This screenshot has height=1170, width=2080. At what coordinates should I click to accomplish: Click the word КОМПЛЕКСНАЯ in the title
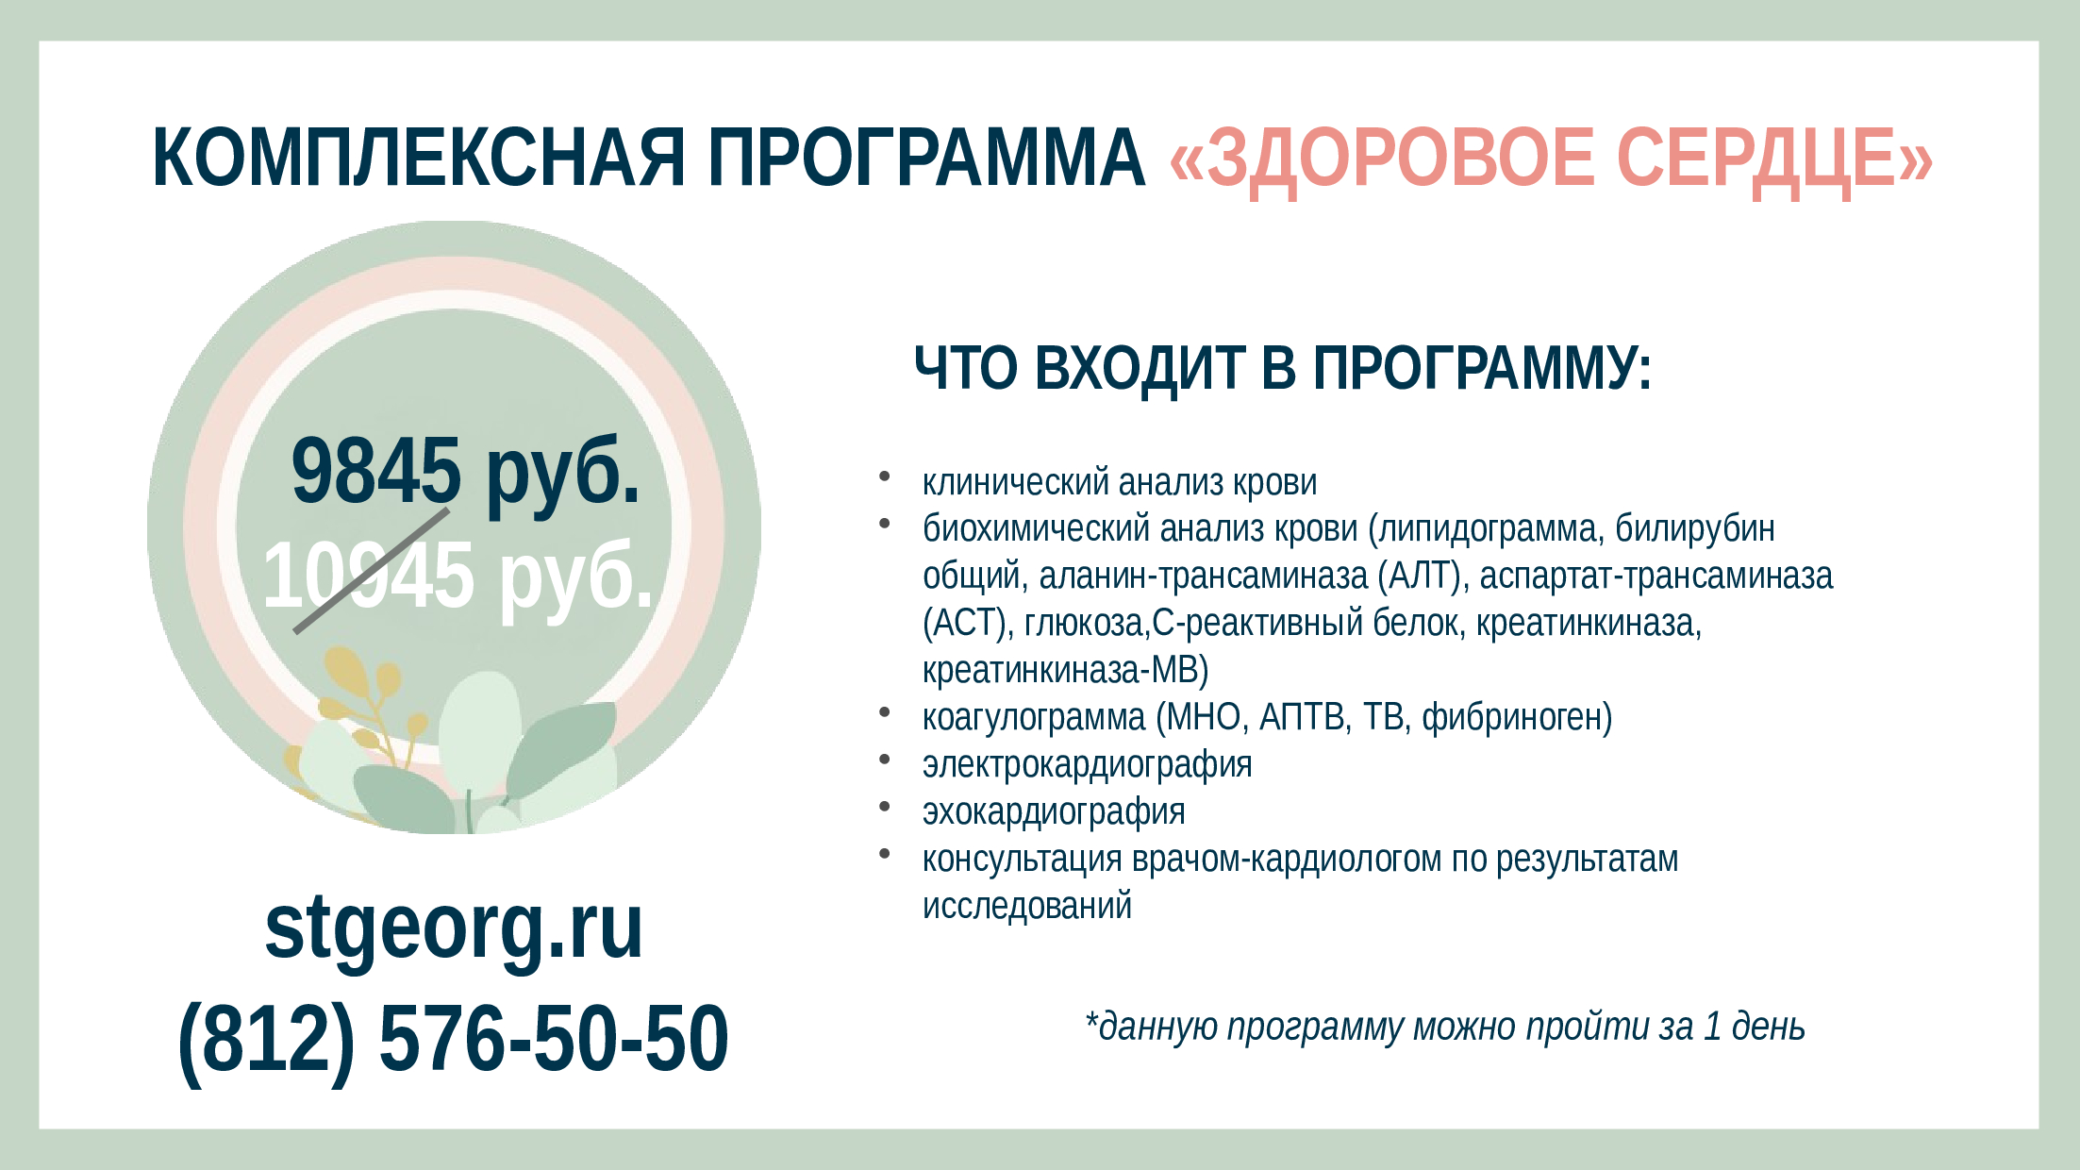pos(419,158)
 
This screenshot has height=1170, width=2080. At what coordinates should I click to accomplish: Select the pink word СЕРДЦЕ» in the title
pos(1774,158)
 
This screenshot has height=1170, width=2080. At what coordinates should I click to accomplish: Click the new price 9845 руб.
pos(465,472)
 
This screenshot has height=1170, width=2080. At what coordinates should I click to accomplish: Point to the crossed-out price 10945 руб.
pos(458,576)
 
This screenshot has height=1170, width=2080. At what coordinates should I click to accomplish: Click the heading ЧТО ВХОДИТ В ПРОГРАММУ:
pos(1283,368)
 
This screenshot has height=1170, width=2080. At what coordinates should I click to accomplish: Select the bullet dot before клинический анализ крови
pos(884,476)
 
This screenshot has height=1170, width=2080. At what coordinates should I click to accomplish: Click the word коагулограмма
pos(1034,718)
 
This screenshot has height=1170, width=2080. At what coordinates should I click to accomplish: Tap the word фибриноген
pos(1511,718)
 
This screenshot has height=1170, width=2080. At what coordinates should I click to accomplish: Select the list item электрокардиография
pos(1088,765)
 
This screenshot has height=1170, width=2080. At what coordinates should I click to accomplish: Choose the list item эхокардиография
pos(1054,812)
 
